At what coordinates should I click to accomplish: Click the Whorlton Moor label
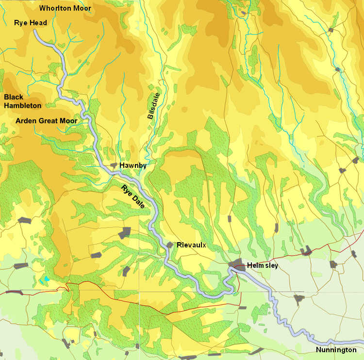coord(65,8)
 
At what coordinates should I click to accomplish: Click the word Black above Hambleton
coord(14,97)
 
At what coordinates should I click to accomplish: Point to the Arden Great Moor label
coord(46,120)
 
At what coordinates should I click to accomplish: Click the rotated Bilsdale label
coord(153,106)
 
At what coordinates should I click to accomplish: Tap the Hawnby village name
coord(133,165)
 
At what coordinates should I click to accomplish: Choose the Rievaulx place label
coord(191,245)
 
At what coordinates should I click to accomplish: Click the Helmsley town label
coord(262,265)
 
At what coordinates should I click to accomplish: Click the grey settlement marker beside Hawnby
coord(115,166)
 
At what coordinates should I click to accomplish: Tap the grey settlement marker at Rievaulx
coord(170,245)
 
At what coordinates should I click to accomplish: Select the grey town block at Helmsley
coord(237,265)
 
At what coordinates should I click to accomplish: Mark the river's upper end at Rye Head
coord(35,31)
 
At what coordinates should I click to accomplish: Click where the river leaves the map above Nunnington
coord(362,342)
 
